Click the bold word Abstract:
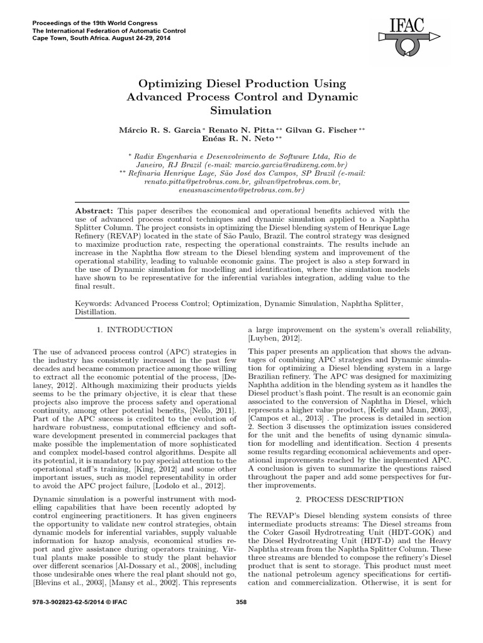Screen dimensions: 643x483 click(x=93, y=211)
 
